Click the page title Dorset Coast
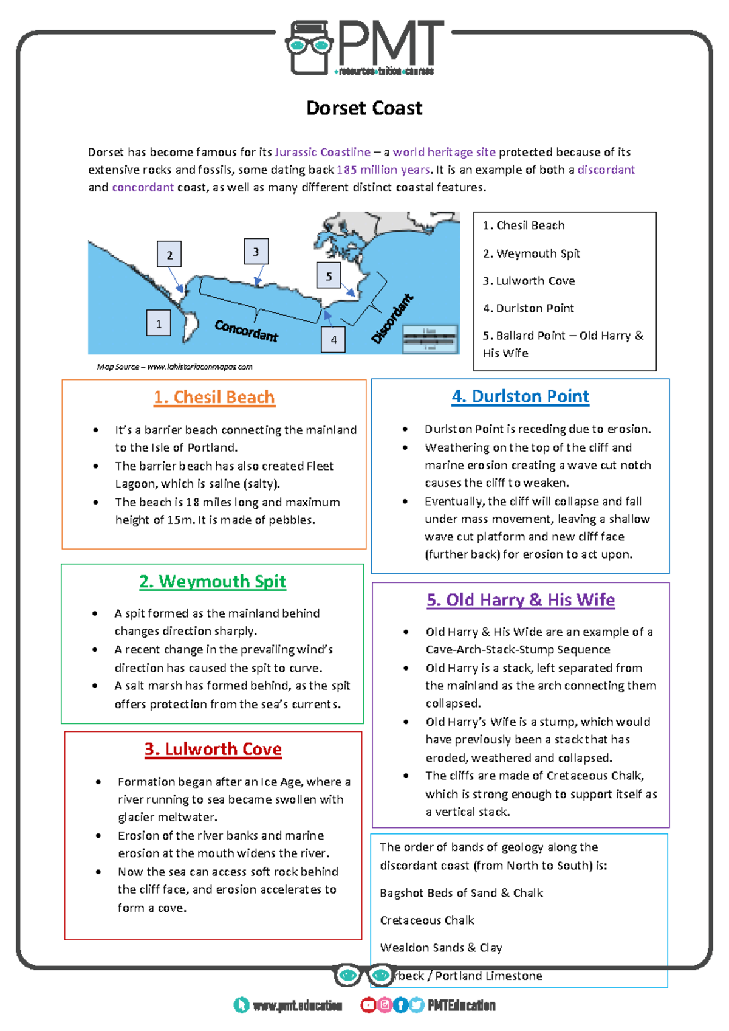point(364,108)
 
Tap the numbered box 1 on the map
point(159,323)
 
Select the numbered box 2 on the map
point(169,255)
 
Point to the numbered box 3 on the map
point(256,251)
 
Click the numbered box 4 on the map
point(333,340)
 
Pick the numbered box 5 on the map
point(329,276)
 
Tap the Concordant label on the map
point(246,331)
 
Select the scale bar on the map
point(430,339)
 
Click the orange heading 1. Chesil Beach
point(214,398)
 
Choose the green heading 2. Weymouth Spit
point(213,582)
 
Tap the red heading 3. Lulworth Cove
point(213,749)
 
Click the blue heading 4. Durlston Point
point(520,397)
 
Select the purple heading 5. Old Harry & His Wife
point(521,600)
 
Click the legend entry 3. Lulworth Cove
point(529,281)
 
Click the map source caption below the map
point(174,367)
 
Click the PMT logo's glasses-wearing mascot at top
point(309,47)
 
